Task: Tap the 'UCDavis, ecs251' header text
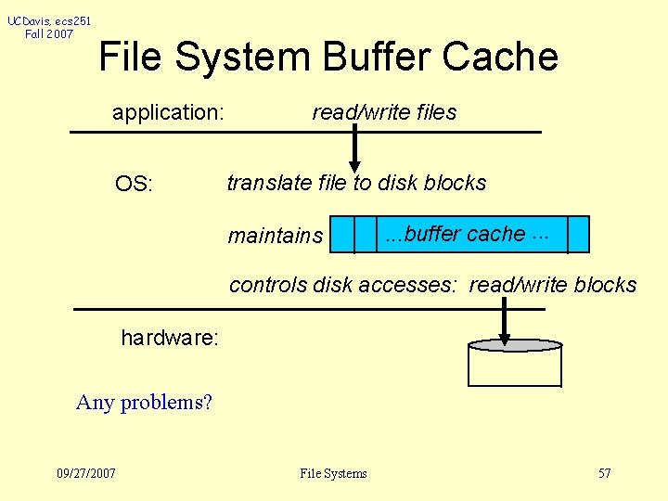pyautogui.click(x=50, y=20)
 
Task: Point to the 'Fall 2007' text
pyautogui.click(x=50, y=34)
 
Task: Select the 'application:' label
pyautogui.click(x=168, y=113)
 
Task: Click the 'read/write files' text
pyautogui.click(x=384, y=112)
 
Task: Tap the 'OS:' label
pyautogui.click(x=134, y=184)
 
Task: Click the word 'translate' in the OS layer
pyautogui.click(x=269, y=183)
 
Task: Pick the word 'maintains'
pyautogui.click(x=276, y=236)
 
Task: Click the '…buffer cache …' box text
pyautogui.click(x=467, y=234)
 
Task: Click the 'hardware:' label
pyautogui.click(x=170, y=338)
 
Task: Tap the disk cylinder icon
pyautogui.click(x=515, y=365)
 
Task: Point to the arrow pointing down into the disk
pyautogui.click(x=505, y=325)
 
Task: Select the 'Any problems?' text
pyautogui.click(x=144, y=403)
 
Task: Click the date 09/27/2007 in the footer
pyautogui.click(x=86, y=473)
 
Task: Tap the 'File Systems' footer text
pyautogui.click(x=333, y=473)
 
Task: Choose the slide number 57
pyautogui.click(x=604, y=473)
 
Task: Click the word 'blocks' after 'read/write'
pyautogui.click(x=604, y=285)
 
